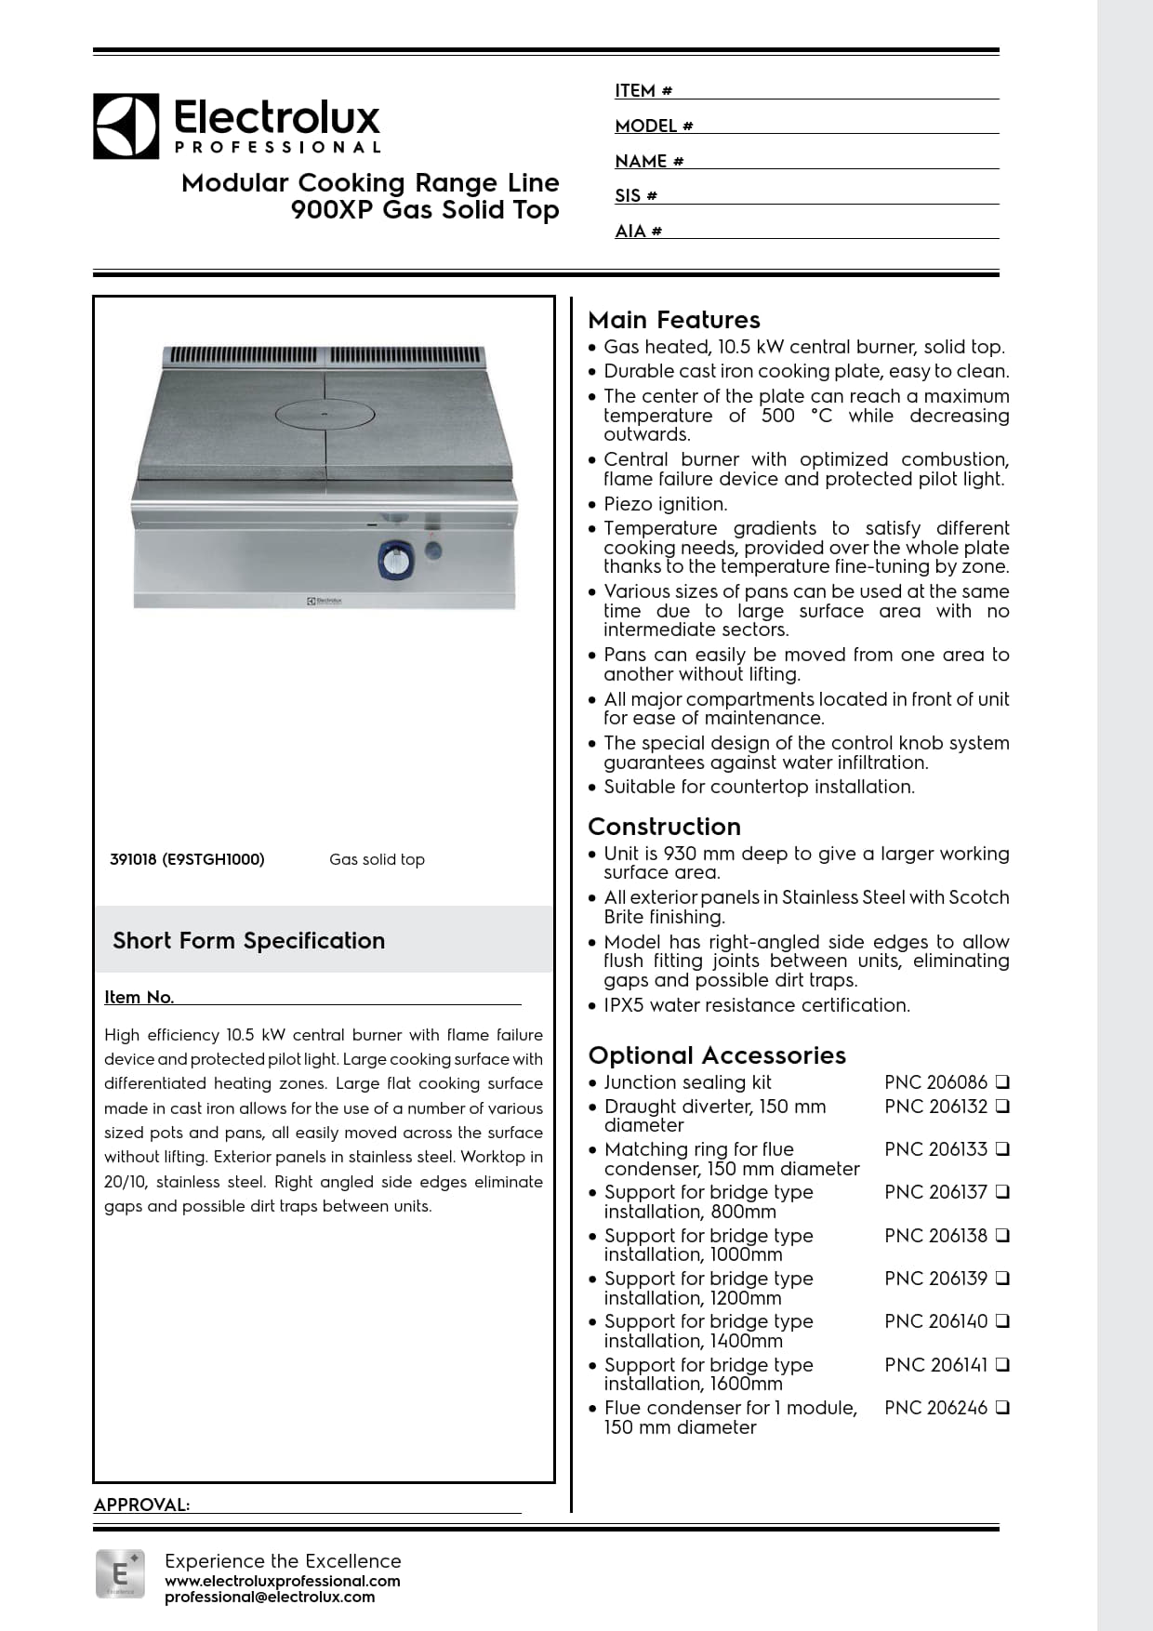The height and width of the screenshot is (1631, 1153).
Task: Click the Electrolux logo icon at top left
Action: click(x=126, y=126)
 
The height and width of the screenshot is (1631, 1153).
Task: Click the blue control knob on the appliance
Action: click(x=395, y=561)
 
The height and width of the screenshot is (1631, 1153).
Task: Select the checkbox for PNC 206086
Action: click(x=1002, y=1082)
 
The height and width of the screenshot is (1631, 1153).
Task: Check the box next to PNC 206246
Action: click(x=1002, y=1408)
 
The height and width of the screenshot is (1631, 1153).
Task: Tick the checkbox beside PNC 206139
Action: click(x=1002, y=1279)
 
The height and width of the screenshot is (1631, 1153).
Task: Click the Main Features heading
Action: click(x=674, y=320)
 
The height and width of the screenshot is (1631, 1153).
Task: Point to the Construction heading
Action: click(x=664, y=827)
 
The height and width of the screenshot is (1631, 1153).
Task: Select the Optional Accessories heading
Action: click(x=717, y=1055)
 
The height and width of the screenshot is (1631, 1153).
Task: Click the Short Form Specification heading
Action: click(x=248, y=941)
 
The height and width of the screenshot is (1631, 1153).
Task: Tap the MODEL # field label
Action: click(x=654, y=126)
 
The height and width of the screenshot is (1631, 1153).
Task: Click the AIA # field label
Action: click(x=638, y=232)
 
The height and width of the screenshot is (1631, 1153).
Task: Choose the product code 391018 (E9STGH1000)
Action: click(x=187, y=859)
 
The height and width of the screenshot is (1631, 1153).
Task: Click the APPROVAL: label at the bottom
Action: click(x=141, y=1505)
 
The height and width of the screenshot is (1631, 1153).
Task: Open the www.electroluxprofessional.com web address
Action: click(x=282, y=1581)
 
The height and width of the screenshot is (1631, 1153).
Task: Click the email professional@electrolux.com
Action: click(x=270, y=1598)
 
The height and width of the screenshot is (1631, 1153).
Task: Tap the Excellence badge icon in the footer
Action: click(x=120, y=1573)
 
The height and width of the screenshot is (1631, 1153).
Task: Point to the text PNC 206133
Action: click(x=935, y=1149)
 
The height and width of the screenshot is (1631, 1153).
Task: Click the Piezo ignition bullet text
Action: click(x=665, y=504)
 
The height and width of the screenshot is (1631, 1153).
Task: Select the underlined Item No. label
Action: click(x=139, y=997)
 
